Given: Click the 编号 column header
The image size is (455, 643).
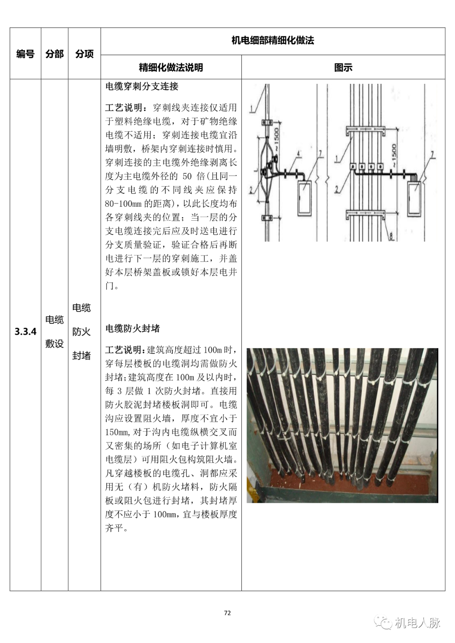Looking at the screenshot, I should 25,54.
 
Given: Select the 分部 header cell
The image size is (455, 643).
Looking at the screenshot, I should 54,54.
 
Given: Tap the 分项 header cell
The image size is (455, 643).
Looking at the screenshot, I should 84,54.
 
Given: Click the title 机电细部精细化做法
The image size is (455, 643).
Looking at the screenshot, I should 273,40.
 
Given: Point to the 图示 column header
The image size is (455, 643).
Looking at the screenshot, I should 343,67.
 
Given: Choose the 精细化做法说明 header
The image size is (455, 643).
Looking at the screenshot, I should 171,67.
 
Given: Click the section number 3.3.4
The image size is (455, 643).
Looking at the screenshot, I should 25,331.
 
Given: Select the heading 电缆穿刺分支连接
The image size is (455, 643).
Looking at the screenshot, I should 142,86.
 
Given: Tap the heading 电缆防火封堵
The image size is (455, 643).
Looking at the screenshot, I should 132,328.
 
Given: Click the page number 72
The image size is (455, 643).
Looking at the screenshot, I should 227,613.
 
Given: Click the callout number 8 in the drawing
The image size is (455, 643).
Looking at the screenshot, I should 391,236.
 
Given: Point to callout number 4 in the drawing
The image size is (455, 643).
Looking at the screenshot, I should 299,154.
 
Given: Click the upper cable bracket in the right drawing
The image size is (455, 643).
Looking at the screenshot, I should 365,131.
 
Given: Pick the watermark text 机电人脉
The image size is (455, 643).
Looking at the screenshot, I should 417,622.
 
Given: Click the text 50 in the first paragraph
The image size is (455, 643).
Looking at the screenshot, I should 187,176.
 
